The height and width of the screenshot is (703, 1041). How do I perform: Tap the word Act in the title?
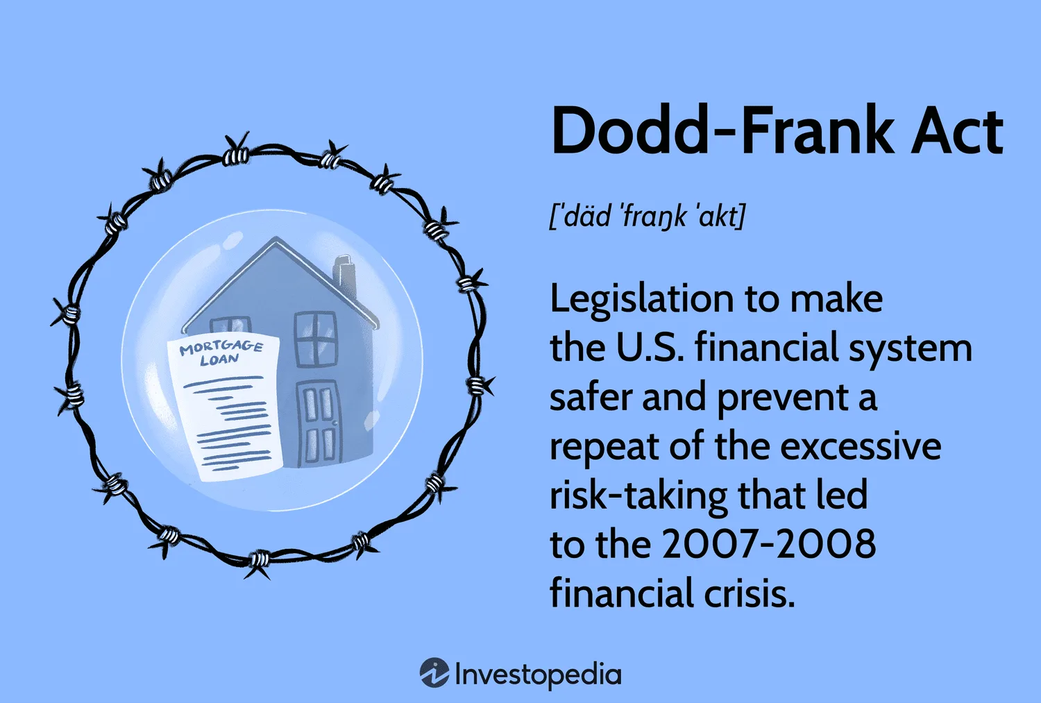click(957, 131)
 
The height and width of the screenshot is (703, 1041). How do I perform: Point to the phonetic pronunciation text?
click(648, 217)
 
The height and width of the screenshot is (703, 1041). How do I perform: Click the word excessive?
click(861, 447)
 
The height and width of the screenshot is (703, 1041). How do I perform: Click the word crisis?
click(749, 593)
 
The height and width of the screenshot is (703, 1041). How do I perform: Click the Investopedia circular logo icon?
click(434, 672)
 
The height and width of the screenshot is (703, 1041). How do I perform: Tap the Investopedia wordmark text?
click(538, 675)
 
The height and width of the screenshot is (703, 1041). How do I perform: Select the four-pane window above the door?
click(316, 339)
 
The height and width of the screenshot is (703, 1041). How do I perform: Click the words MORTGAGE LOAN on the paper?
click(221, 353)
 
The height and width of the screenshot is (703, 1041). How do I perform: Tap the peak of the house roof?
click(276, 238)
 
